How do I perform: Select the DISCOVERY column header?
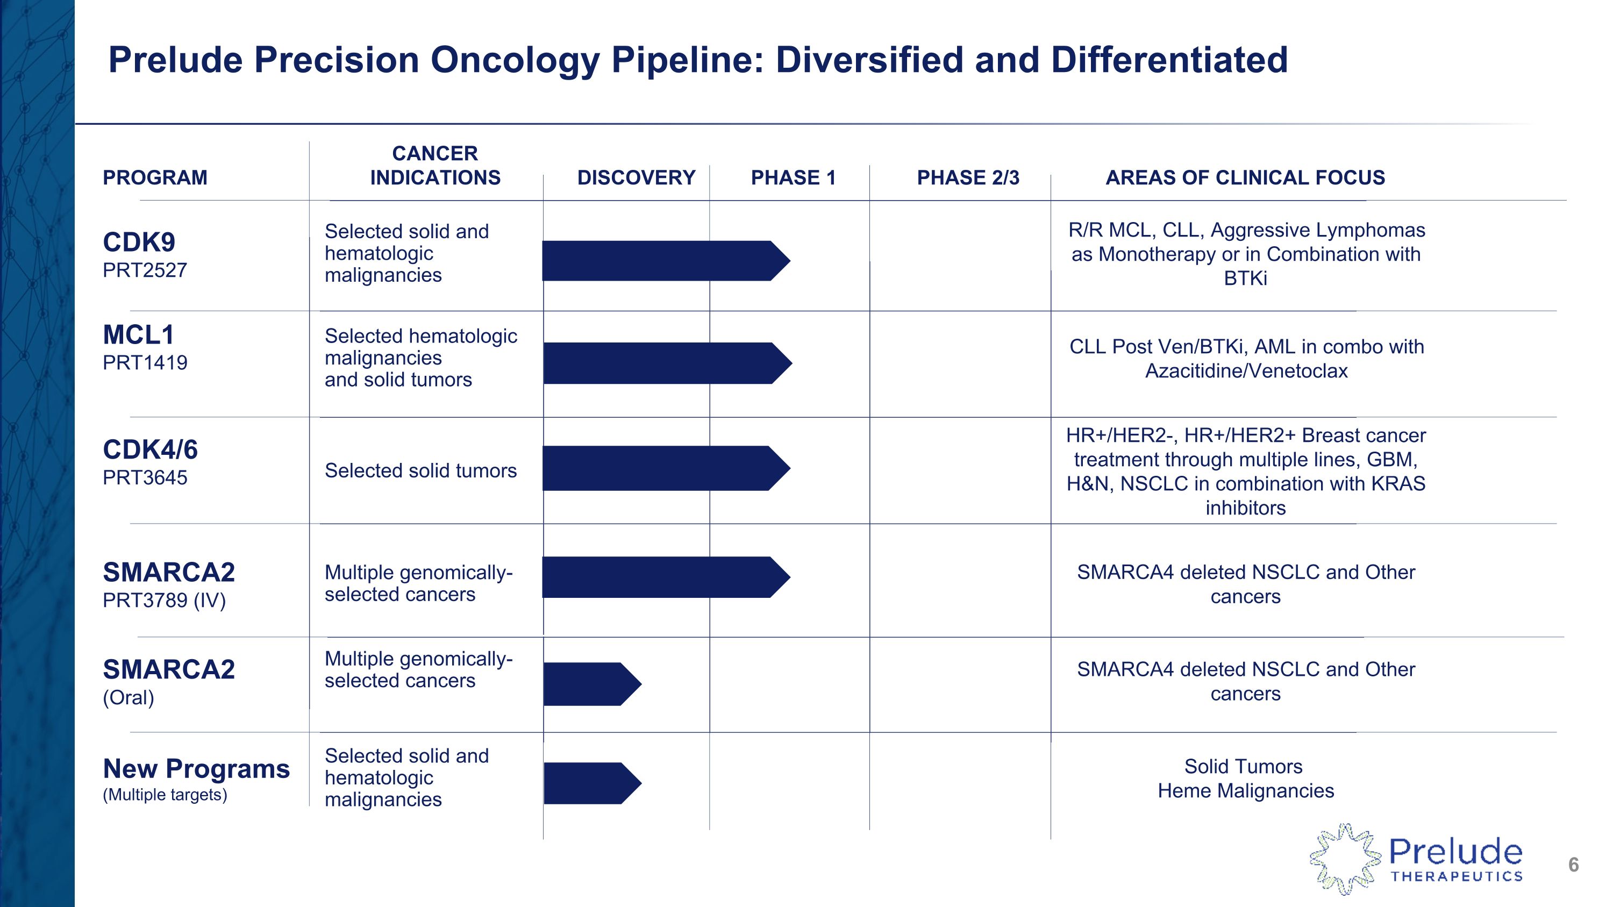click(x=636, y=178)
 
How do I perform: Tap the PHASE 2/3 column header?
click(x=967, y=178)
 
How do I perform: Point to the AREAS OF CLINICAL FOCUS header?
click(x=1245, y=178)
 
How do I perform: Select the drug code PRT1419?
click(x=145, y=363)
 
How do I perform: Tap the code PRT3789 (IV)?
click(x=164, y=601)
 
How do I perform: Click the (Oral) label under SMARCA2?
click(x=129, y=697)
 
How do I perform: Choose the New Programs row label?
click(x=196, y=769)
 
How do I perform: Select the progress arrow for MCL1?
click(x=666, y=363)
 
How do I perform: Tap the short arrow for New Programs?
click(x=591, y=783)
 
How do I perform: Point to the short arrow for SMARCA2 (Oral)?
click(x=591, y=684)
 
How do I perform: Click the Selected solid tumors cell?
click(x=420, y=471)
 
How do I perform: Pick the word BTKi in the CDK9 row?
click(x=1245, y=278)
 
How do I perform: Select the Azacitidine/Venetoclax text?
click(x=1246, y=371)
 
